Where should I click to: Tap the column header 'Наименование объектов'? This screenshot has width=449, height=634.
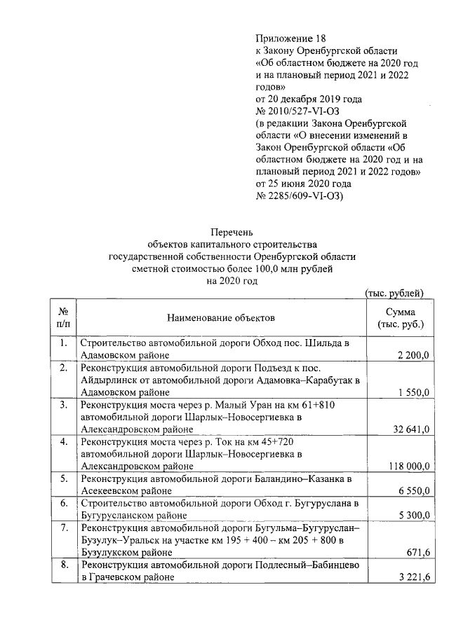tap(221, 318)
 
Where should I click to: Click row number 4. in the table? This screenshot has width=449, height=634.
tap(63, 442)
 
